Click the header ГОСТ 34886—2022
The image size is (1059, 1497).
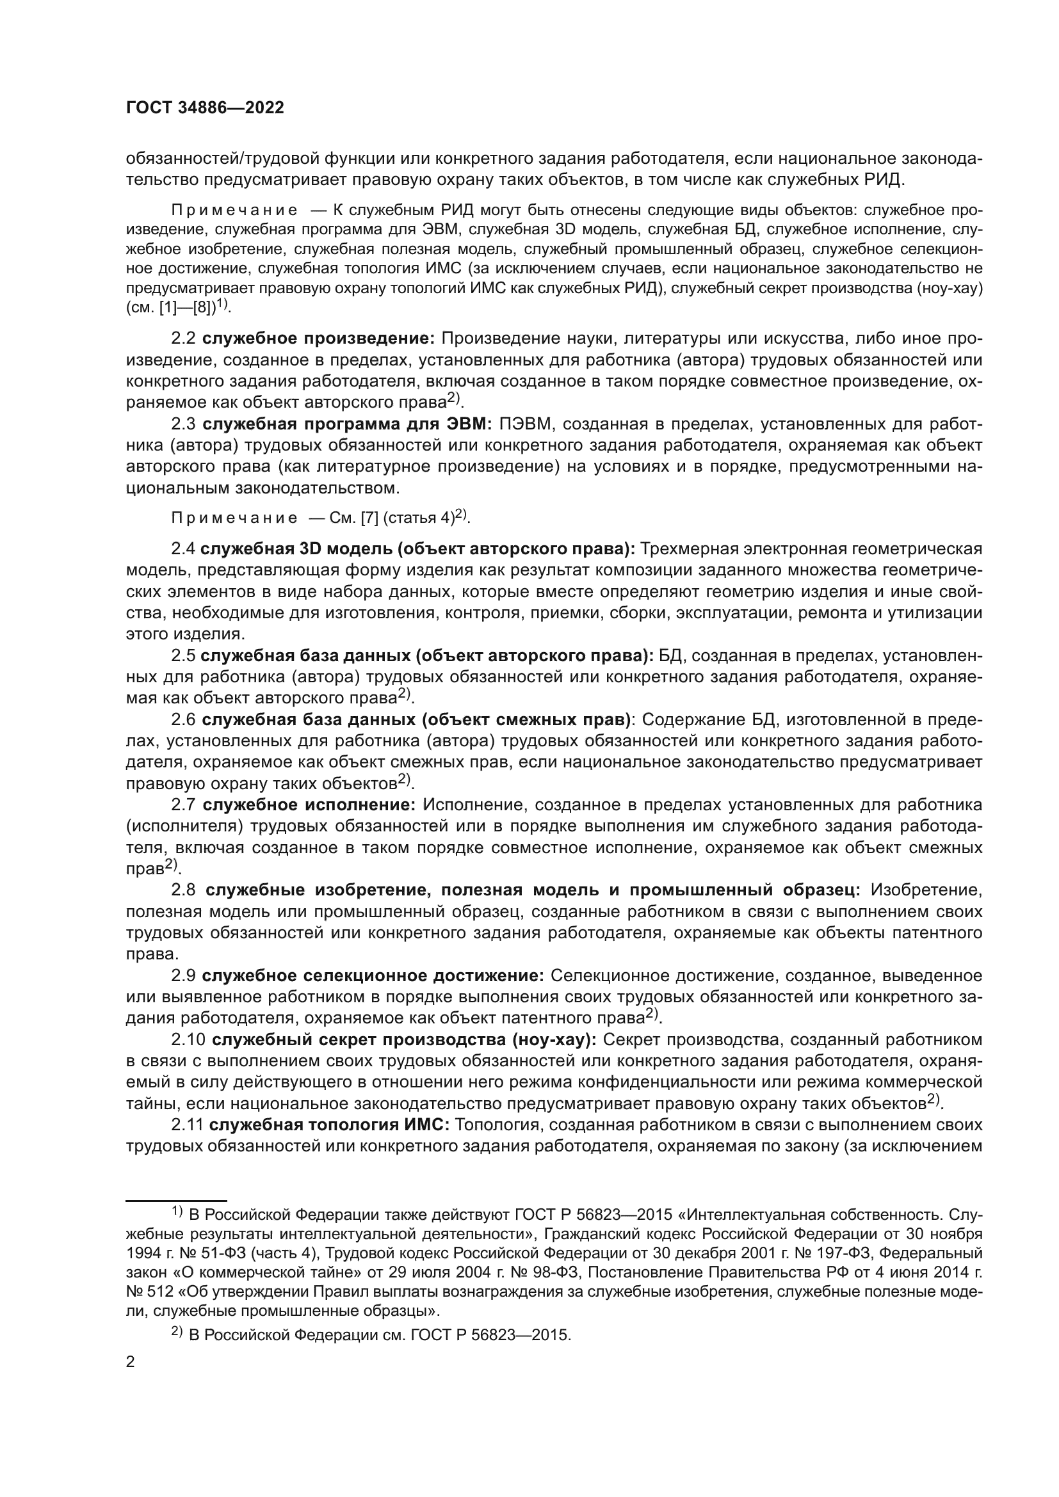click(x=205, y=108)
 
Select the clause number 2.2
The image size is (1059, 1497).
click(x=183, y=339)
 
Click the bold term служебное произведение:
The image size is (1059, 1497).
click(x=318, y=339)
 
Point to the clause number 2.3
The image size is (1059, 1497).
click(x=183, y=424)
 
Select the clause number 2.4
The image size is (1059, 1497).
click(x=183, y=549)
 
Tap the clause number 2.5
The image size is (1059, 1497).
click(x=183, y=655)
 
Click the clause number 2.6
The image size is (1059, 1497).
click(x=183, y=720)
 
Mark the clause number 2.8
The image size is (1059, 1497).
click(x=183, y=890)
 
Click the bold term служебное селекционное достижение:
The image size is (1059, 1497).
click(x=373, y=976)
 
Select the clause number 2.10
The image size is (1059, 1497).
click(x=188, y=1039)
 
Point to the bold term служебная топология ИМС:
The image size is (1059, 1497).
click(x=329, y=1125)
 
